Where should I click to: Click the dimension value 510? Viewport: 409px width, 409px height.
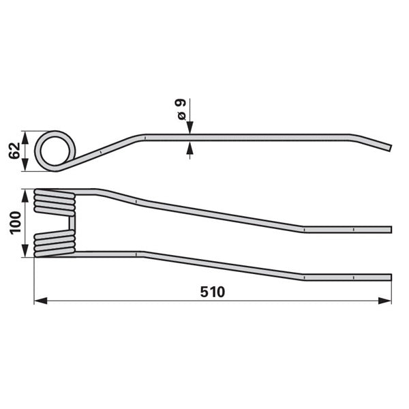tap(212, 292)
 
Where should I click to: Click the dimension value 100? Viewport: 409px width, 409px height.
tap(15, 223)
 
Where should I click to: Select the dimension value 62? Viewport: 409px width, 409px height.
tap(14, 151)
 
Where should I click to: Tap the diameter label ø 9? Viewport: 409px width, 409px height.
tap(181, 109)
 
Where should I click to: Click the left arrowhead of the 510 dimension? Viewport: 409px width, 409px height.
tap(41, 301)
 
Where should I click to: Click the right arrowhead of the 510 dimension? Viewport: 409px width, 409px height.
tap(384, 301)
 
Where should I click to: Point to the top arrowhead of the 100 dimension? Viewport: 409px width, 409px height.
tap(25, 196)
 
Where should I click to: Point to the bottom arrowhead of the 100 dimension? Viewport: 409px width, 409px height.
tap(25, 250)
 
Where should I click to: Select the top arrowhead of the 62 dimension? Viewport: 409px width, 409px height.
tap(25, 138)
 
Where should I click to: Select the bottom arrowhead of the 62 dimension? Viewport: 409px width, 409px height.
tap(25, 164)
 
